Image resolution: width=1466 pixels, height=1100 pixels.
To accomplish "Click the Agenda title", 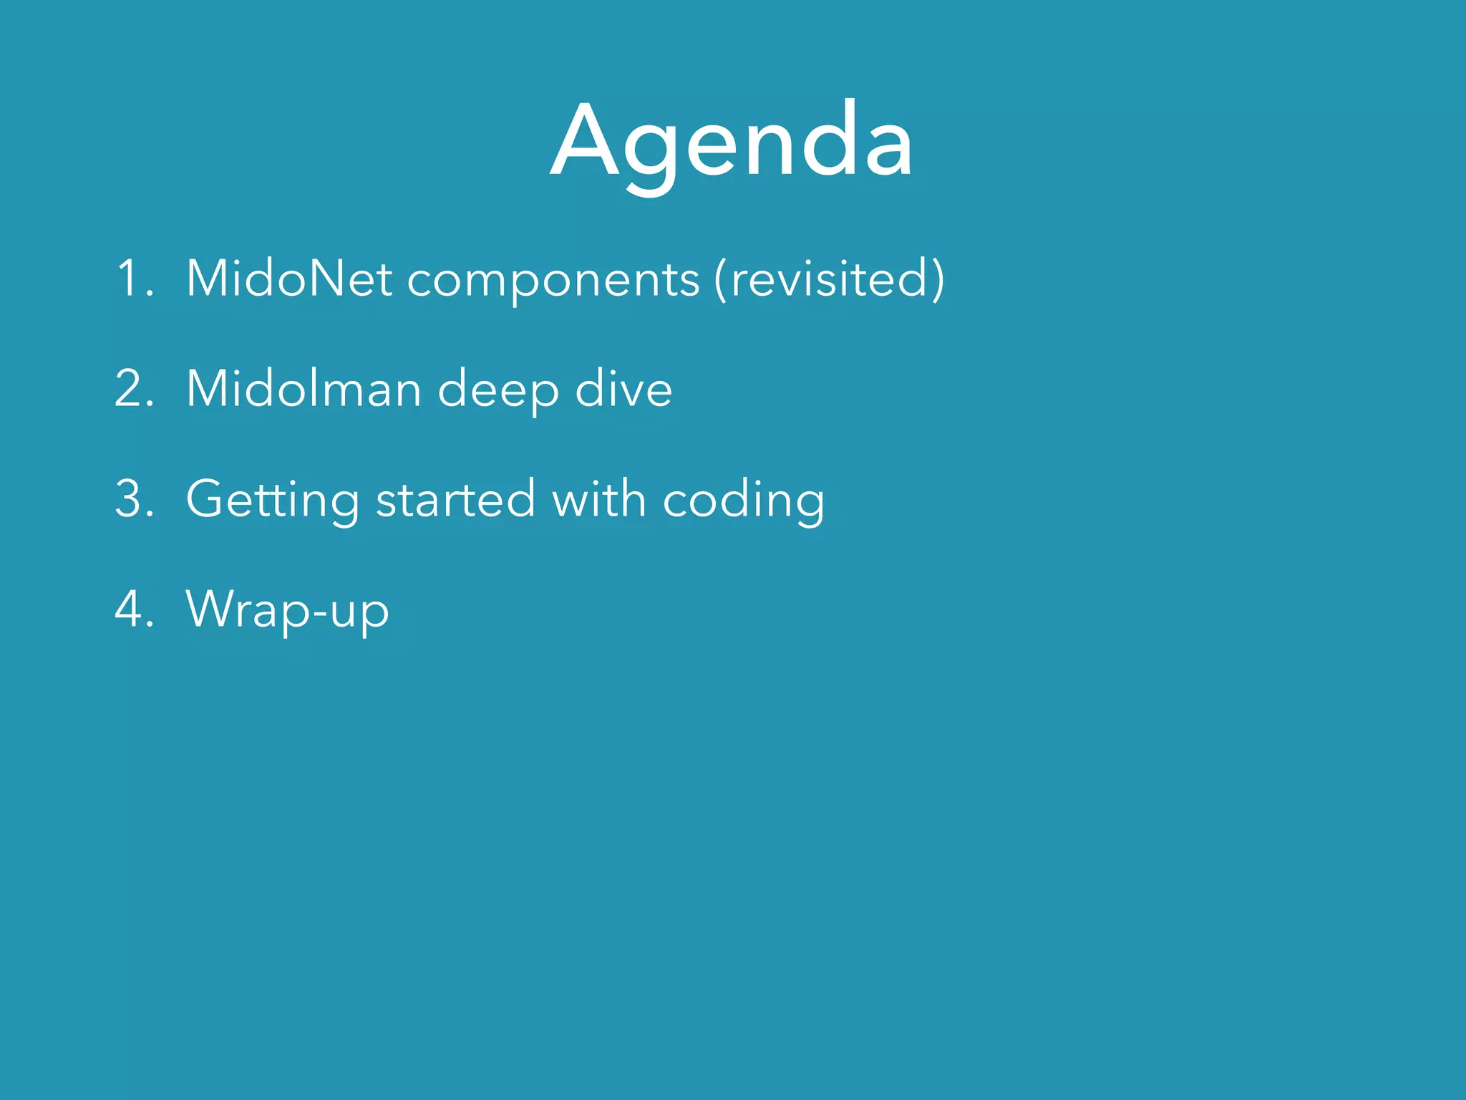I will click(x=732, y=141).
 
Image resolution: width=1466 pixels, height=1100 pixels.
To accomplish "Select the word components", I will click(x=553, y=280).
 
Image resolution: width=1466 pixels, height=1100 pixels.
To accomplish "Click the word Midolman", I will click(x=304, y=389).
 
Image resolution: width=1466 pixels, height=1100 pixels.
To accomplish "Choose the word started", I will click(x=455, y=499).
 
